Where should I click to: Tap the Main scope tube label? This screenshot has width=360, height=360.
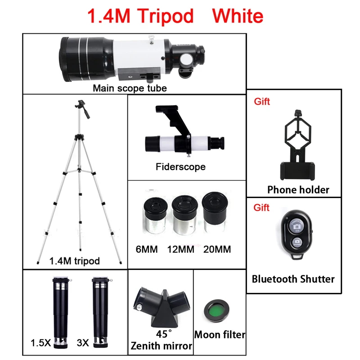coord(130,88)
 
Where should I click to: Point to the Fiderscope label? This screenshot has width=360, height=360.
coord(180,167)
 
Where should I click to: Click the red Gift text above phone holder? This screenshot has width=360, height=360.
coord(262,102)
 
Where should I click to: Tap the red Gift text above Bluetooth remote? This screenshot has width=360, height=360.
coord(262,207)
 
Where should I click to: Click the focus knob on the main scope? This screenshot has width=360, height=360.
coord(186,60)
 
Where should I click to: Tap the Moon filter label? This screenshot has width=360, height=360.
coord(220,335)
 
